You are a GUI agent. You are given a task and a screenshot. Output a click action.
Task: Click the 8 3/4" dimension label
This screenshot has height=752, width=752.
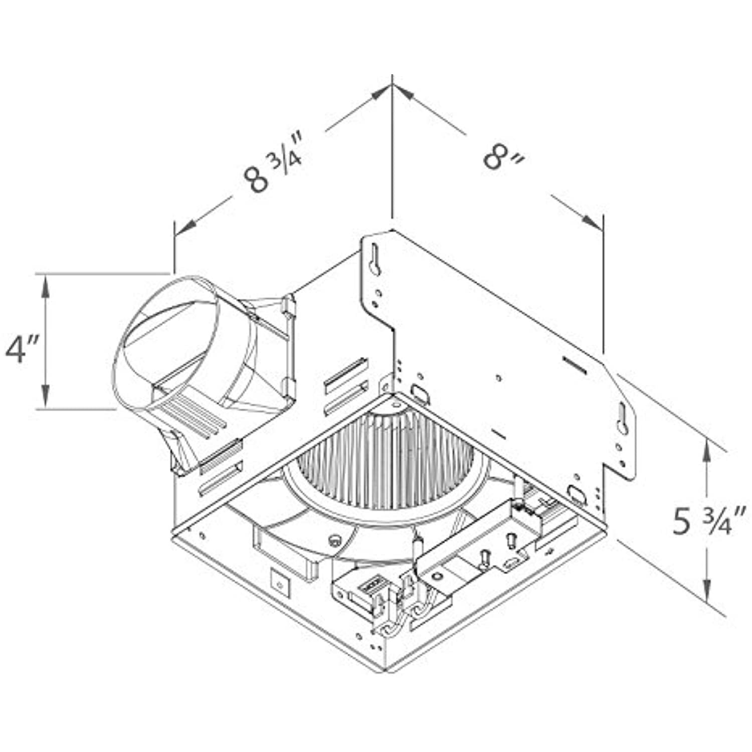coord(273,161)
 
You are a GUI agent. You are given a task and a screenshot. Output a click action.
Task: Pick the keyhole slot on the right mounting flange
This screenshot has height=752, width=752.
coord(623,420)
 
